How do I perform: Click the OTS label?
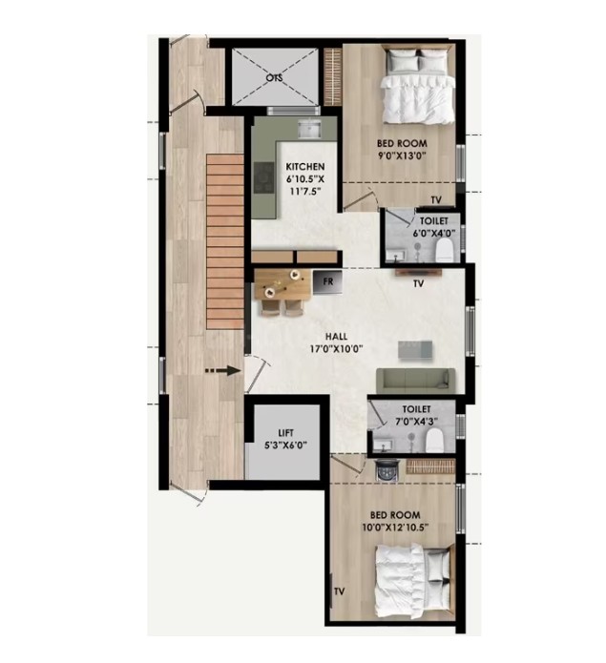click(274, 78)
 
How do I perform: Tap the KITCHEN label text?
click(305, 167)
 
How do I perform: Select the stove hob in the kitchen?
click(264, 178)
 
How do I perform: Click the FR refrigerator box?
click(327, 282)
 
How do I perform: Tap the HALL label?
click(336, 336)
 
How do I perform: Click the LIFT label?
click(285, 432)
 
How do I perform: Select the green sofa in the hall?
click(416, 381)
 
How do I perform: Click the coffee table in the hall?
click(415, 350)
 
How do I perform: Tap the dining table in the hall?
click(282, 283)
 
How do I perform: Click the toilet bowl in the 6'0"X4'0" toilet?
click(445, 250)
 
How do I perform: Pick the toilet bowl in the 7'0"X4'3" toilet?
click(434, 440)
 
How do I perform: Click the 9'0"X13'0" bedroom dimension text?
click(401, 155)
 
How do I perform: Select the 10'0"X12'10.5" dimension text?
click(395, 528)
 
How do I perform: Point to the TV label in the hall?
click(418, 283)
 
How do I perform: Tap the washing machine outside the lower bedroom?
click(387, 469)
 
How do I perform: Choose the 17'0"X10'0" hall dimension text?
click(337, 349)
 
